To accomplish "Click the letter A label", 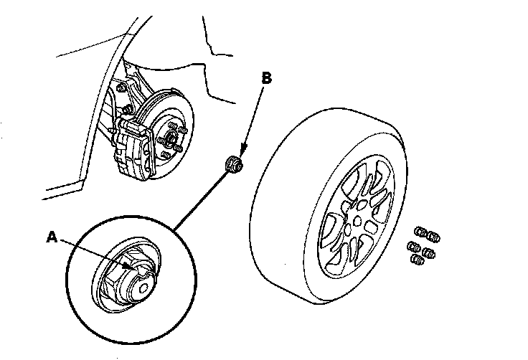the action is pos(52,237).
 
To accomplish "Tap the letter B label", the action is pos(266,78).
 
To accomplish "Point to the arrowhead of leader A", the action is pos(126,266).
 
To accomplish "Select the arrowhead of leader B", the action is pos(243,150).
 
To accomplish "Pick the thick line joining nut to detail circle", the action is pos(200,201).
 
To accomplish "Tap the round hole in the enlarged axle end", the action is pos(143,288).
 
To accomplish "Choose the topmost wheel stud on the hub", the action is pos(172,126).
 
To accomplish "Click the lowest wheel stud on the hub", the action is pos(166,155).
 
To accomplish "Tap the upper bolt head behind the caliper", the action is pos(121,88).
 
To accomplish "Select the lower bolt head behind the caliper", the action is pos(127,110).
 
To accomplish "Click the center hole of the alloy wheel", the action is pos(357,222).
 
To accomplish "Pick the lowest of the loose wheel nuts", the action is pos(418,260).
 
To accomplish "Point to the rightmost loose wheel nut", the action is pos(433,237).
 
